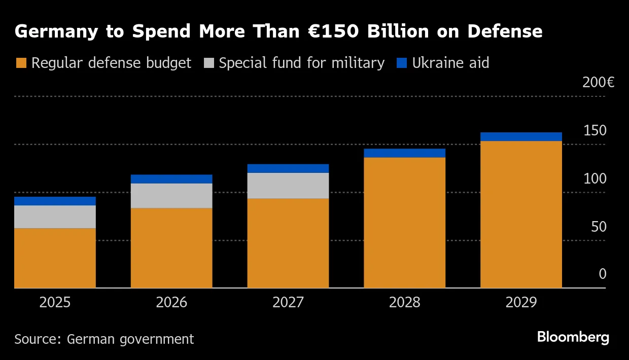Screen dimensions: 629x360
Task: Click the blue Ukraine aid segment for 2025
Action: coord(55,201)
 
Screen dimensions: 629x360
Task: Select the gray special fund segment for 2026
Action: coord(171,196)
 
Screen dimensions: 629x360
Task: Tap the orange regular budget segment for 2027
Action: coord(288,243)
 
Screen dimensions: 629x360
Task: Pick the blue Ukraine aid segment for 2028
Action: coord(405,153)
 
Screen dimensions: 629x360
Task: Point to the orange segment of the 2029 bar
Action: coord(521,214)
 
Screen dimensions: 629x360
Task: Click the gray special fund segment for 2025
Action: coord(55,217)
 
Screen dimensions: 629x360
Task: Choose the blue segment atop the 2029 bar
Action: coord(521,137)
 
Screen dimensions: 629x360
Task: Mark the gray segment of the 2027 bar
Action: coord(288,186)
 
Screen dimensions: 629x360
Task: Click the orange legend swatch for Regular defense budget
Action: coord(21,63)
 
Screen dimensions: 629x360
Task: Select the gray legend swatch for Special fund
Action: coord(209,63)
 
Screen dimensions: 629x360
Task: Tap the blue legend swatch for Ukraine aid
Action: coord(402,63)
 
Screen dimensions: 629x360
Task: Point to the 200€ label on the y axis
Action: coord(599,83)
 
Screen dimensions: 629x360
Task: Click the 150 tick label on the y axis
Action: coord(595,130)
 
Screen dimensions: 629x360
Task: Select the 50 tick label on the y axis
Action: coord(599,227)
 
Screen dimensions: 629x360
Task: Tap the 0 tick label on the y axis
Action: coord(603,274)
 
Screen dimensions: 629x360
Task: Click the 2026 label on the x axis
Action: coord(171,303)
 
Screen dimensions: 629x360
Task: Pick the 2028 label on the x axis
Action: coord(405,303)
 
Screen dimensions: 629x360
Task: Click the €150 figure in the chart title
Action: coord(333,31)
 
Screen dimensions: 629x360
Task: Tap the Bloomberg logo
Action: coord(573,337)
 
